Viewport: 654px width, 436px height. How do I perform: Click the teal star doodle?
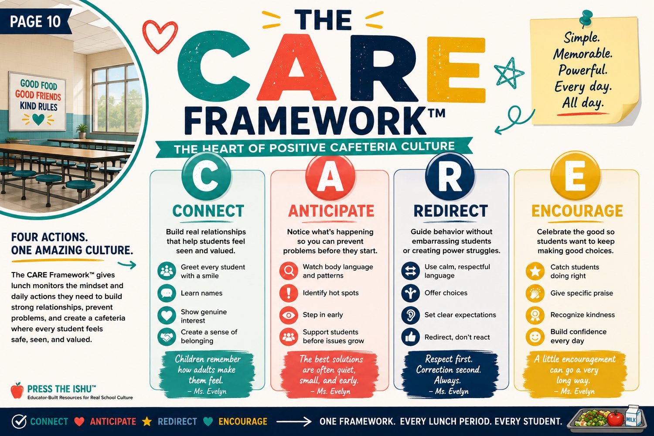pos(509,73)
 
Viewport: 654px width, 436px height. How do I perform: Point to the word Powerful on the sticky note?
pos(583,70)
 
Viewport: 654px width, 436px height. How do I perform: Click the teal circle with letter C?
pos(206,176)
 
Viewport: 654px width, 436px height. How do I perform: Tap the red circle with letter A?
pos(330,177)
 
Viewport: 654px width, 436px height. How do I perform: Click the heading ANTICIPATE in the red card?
pos(331,211)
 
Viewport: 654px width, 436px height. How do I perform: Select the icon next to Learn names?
pos(167,293)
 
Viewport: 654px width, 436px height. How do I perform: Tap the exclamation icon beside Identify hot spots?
pos(289,293)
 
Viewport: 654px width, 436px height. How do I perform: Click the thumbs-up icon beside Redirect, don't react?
pos(411,337)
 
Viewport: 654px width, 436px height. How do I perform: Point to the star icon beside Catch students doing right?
pos(535,271)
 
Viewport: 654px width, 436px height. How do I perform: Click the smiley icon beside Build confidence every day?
pos(535,337)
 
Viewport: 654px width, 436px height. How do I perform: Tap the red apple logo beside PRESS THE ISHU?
pos(17,391)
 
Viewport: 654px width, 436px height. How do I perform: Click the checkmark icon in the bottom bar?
pos(19,422)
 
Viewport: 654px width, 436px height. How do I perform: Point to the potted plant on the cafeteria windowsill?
pos(82,131)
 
